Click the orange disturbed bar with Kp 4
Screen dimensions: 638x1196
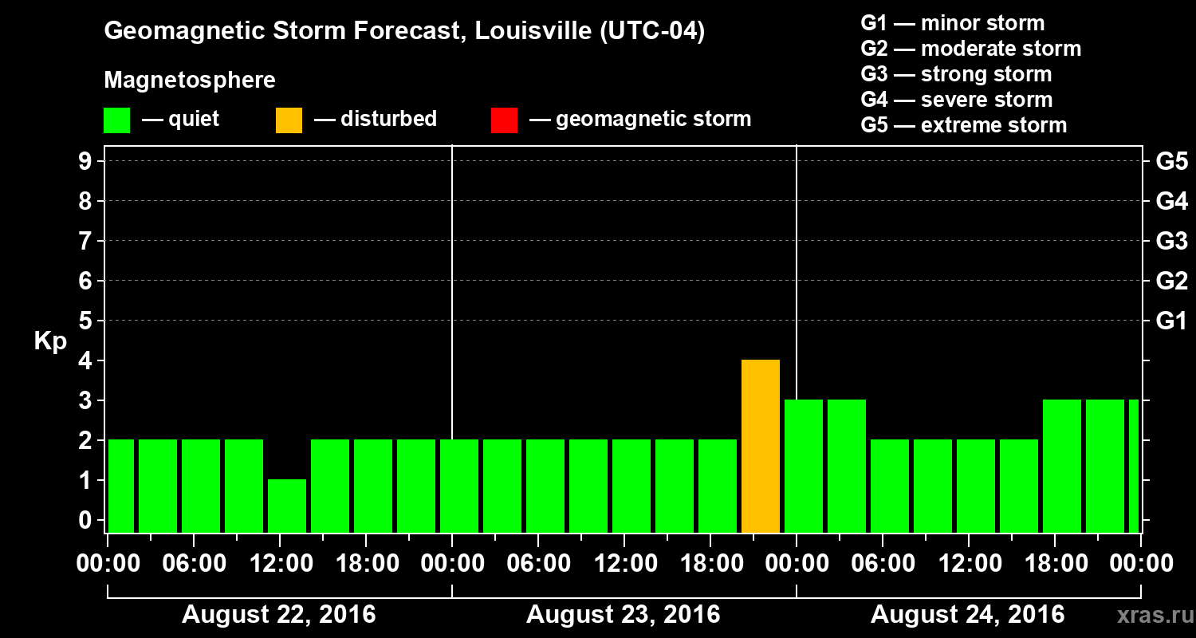[x=760, y=446]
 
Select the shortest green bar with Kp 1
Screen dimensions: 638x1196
[x=286, y=506]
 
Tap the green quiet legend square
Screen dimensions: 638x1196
[x=116, y=120]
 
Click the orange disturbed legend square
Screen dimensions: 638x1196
[x=289, y=120]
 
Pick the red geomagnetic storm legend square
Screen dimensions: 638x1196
[x=504, y=120]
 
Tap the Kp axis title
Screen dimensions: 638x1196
[x=50, y=341]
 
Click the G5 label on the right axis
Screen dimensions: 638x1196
[x=1171, y=162]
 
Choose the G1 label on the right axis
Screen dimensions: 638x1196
[x=1171, y=321]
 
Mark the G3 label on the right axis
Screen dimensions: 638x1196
[x=1171, y=242]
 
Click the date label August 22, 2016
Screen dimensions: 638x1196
[x=279, y=615]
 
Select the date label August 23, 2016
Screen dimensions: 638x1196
[x=624, y=615]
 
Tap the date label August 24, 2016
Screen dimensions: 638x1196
[x=967, y=615]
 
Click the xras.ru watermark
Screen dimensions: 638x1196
[x=1149, y=616]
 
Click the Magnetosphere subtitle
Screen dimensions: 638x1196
[x=190, y=81]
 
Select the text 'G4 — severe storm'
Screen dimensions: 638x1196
[x=957, y=100]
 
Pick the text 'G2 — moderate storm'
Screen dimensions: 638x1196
[x=971, y=49]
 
